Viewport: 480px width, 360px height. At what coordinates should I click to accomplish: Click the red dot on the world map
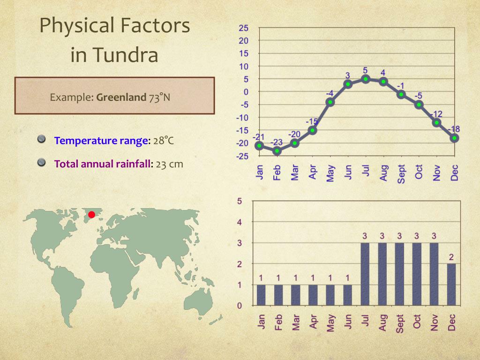pyautogui.click(x=92, y=215)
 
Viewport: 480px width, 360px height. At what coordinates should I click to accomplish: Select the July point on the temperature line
pyautogui.click(x=366, y=79)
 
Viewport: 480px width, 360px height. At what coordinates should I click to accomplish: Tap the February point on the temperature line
pyautogui.click(x=277, y=150)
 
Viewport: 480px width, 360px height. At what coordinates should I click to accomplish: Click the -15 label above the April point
pyautogui.click(x=312, y=122)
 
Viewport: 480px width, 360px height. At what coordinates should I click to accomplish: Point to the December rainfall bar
pyautogui.click(x=451, y=285)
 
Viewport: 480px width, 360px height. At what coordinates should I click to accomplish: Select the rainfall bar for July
pyautogui.click(x=365, y=274)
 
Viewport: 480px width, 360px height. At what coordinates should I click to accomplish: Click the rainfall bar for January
pyautogui.click(x=261, y=295)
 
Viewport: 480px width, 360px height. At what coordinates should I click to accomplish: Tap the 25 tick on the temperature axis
pyautogui.click(x=244, y=28)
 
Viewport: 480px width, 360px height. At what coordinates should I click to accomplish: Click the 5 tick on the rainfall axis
pyautogui.click(x=240, y=202)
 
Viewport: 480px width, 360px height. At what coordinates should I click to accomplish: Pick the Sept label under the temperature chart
pyautogui.click(x=401, y=173)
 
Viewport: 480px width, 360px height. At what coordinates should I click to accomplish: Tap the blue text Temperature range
pyautogui.click(x=101, y=141)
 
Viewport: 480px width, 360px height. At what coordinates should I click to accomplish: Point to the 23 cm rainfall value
pyautogui.click(x=170, y=164)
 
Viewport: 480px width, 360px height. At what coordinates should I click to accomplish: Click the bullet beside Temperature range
pyautogui.click(x=42, y=139)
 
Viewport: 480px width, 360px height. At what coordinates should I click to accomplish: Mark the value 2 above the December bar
pyautogui.click(x=451, y=257)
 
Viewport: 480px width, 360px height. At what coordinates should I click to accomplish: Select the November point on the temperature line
pyautogui.click(x=437, y=122)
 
